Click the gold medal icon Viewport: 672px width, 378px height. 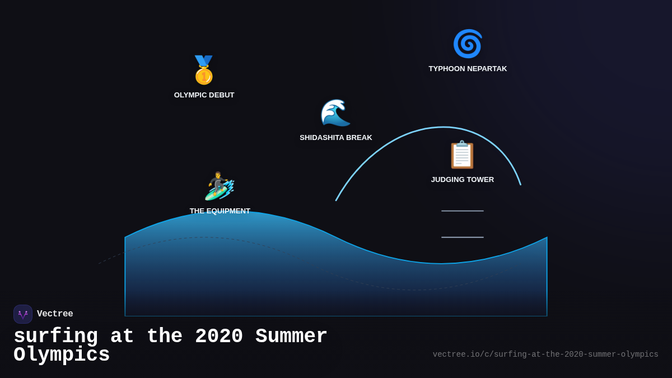204,70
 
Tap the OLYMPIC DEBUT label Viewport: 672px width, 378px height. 204,95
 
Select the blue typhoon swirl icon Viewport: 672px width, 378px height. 468,44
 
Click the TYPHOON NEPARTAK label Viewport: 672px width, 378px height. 468,69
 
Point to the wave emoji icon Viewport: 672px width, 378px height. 335,113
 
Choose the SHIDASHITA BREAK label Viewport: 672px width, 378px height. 335,138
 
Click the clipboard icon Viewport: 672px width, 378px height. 462,155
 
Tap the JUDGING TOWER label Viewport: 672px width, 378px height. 462,180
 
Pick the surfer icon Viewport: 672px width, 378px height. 219,186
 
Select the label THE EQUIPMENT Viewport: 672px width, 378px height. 220,211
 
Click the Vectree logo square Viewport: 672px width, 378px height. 23,314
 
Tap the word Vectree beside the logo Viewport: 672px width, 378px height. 55,314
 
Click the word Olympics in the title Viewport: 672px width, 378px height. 62,355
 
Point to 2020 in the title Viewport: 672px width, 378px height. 218,337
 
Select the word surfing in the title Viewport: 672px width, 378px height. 55,337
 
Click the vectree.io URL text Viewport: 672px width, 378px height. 545,354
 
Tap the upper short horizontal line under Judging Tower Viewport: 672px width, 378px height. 462,211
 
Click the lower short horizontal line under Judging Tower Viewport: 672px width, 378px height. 462,237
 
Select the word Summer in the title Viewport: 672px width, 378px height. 291,337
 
